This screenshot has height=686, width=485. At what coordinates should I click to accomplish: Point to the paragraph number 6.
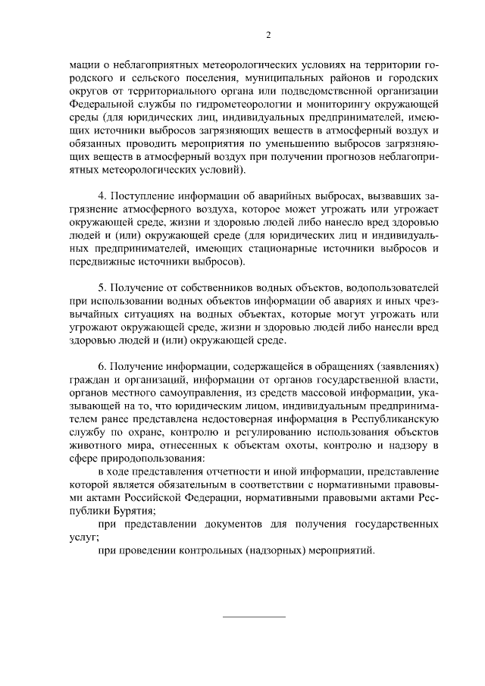tap(103, 366)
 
